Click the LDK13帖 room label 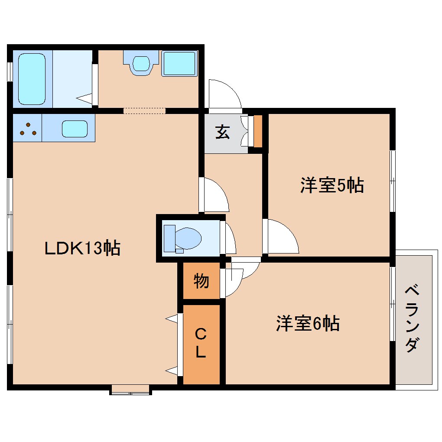point(82,248)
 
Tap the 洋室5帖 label point(331,185)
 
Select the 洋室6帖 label point(308,324)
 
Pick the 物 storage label point(201,281)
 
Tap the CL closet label point(201,344)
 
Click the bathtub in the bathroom point(32,79)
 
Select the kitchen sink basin point(75,129)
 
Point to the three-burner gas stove point(28,129)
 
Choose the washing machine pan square point(179,63)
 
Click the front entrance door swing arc point(224,94)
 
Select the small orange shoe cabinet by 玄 point(257,131)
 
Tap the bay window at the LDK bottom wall point(130,390)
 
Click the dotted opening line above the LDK point(144,111)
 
